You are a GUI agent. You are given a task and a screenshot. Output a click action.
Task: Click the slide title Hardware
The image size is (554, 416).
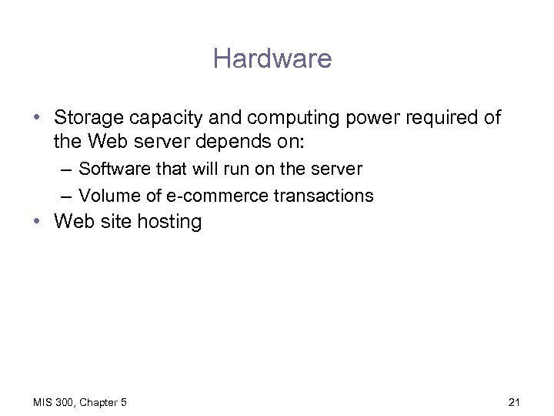(272, 59)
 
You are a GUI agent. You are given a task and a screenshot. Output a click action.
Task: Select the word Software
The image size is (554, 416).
(112, 169)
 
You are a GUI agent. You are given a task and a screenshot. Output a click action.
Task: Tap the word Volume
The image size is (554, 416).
(108, 196)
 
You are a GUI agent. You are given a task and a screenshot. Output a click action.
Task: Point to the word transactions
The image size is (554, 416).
(324, 196)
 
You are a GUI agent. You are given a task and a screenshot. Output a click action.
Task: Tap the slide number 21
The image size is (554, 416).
(515, 402)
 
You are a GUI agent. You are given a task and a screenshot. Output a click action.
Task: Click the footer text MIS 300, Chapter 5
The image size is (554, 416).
(80, 402)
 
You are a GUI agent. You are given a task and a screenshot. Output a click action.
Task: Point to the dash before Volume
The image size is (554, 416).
(64, 196)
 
